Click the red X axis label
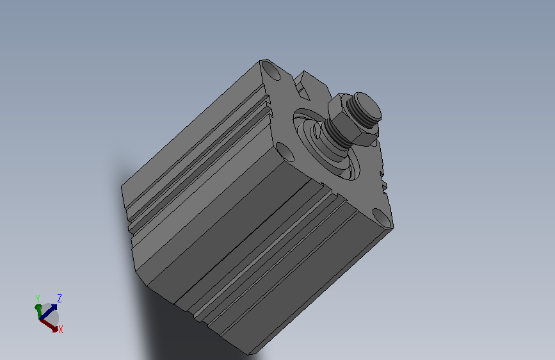pyautogui.click(x=61, y=329)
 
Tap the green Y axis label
pyautogui.click(x=38, y=299)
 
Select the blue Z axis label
pyautogui.click(x=60, y=298)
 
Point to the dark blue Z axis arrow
pyautogui.click(x=48, y=311)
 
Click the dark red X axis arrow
pyautogui.click(x=49, y=325)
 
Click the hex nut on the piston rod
pyautogui.click(x=352, y=120)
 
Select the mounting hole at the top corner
pyautogui.click(x=271, y=70)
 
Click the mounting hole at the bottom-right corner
pyautogui.click(x=382, y=218)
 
